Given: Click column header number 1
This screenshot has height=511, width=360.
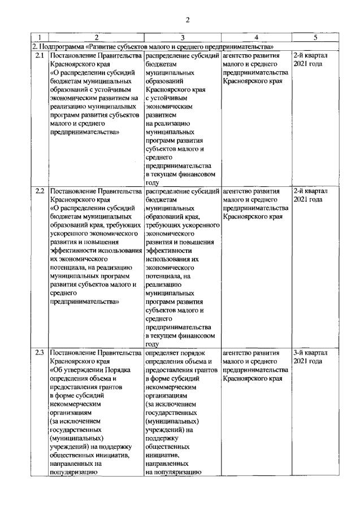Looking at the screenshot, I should click(39, 38).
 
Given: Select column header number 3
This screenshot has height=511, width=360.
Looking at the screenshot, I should click(183, 38).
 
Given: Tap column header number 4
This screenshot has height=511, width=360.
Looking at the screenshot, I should click(256, 38).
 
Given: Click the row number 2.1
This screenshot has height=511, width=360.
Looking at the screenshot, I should click(40, 56).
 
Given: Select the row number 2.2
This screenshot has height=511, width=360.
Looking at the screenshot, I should click(40, 191).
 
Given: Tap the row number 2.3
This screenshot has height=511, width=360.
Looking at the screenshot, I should click(40, 353).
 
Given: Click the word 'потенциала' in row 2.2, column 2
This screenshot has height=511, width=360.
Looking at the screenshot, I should click(71, 268).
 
